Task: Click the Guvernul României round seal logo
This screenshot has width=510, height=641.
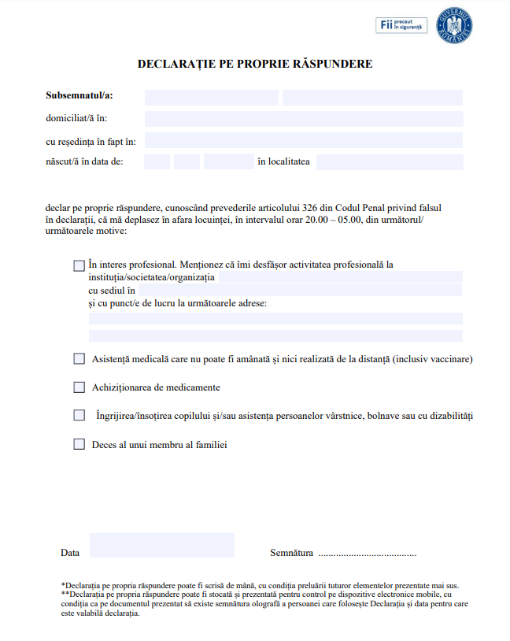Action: pyautogui.click(x=458, y=25)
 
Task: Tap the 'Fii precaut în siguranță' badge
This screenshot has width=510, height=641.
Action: pyautogui.click(x=401, y=26)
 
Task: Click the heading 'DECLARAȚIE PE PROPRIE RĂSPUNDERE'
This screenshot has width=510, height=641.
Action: pyautogui.click(x=255, y=63)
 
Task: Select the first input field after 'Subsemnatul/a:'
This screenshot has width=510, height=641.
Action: pyautogui.click(x=211, y=98)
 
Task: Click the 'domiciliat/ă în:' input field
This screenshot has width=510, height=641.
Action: pyautogui.click(x=304, y=119)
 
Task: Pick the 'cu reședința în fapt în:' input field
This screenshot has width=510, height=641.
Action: pyautogui.click(x=304, y=141)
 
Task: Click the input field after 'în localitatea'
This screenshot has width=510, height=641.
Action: pyautogui.click(x=390, y=162)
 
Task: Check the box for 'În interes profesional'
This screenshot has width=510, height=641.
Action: pyautogui.click(x=79, y=266)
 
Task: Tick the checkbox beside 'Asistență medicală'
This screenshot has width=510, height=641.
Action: pyautogui.click(x=79, y=359)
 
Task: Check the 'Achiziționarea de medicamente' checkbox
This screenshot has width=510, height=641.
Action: pyautogui.click(x=79, y=387)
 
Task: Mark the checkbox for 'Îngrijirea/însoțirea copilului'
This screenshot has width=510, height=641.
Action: pyautogui.click(x=79, y=415)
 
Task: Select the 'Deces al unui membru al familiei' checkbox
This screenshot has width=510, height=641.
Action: pyautogui.click(x=79, y=444)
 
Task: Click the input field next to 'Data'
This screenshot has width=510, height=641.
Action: pyautogui.click(x=162, y=545)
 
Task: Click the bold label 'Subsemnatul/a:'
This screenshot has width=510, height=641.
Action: pyautogui.click(x=79, y=96)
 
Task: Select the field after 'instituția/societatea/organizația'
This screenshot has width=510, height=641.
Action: pyautogui.click(x=339, y=278)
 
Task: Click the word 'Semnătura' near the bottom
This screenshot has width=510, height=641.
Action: pyautogui.click(x=291, y=553)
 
